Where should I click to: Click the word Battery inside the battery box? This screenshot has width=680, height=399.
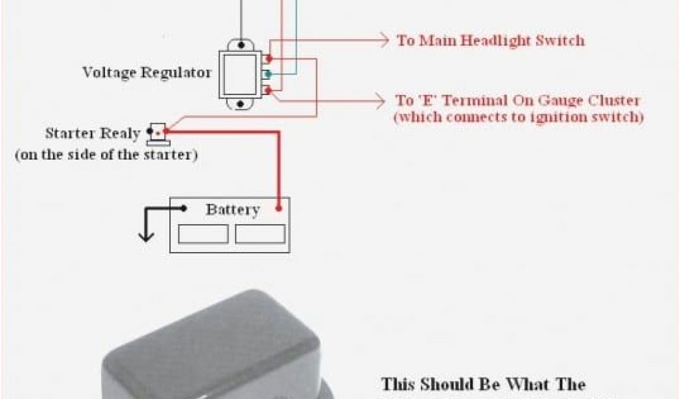232,210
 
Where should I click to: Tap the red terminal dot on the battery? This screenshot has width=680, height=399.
280,208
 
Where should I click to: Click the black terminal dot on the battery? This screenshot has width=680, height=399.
184,208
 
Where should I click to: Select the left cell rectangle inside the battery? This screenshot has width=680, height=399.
203,234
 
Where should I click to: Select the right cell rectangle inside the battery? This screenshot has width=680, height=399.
260,234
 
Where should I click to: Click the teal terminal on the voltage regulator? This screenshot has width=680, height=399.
268,74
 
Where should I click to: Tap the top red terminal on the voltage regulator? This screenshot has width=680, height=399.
268,59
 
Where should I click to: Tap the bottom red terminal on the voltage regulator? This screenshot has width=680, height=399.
268,89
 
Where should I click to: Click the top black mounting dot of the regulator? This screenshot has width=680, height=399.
241,46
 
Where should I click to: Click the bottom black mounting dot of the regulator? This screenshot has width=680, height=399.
241,104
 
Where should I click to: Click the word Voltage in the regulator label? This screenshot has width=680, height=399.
108,72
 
